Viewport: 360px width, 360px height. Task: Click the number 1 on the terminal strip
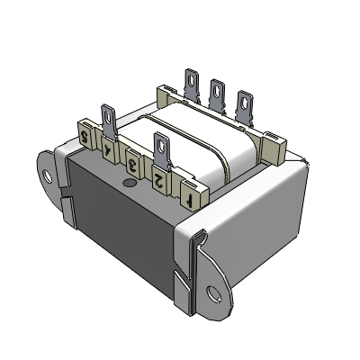click(190, 192)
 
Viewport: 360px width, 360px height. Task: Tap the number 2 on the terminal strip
click(159, 178)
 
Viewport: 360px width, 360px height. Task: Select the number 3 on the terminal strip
click(134, 164)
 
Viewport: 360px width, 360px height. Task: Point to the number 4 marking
click(110, 151)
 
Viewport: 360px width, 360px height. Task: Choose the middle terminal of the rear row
click(217, 95)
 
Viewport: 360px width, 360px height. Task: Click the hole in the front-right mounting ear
click(214, 293)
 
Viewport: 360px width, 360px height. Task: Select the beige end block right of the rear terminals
click(274, 148)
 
